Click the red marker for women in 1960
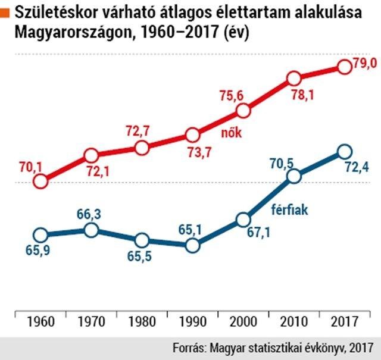40,181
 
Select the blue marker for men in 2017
343,152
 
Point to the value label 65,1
192,227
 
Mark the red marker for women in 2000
242,111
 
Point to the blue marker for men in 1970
91,230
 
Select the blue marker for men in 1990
192,245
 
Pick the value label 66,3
91,214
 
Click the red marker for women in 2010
293,79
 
